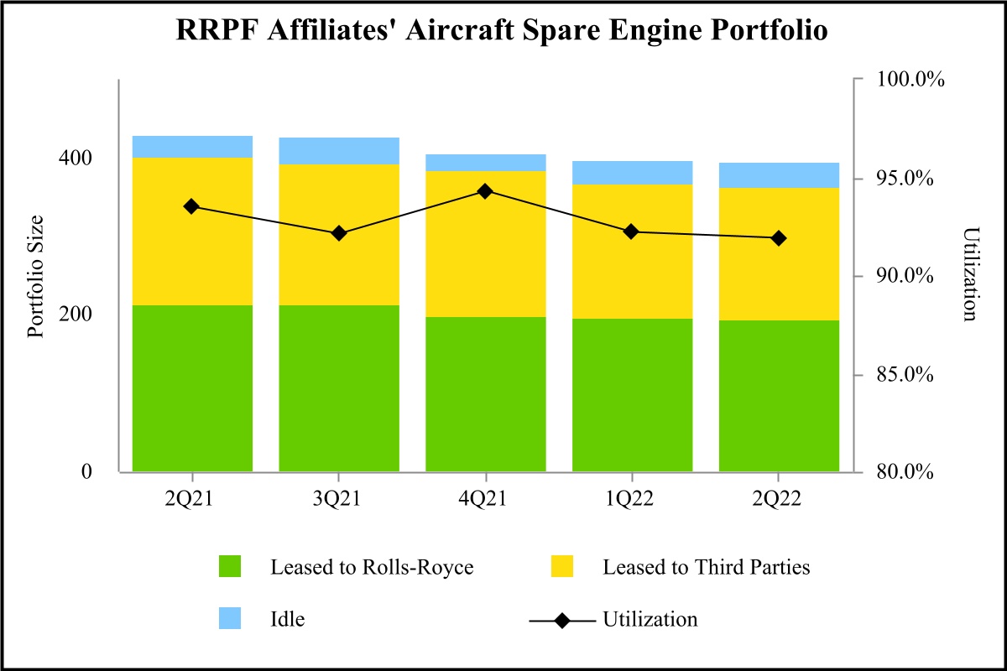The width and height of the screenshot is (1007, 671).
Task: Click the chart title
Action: pyautogui.click(x=503, y=31)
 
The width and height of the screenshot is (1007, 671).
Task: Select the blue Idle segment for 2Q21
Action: pyautogui.click(x=192, y=147)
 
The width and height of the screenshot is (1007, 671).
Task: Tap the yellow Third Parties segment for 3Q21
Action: pyautogui.click(x=339, y=235)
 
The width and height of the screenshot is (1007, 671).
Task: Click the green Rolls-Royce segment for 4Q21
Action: pyautogui.click(x=486, y=394)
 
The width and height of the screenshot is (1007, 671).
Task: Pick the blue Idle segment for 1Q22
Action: pyautogui.click(x=632, y=173)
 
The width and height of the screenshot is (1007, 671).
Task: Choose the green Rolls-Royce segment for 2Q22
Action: pyautogui.click(x=779, y=396)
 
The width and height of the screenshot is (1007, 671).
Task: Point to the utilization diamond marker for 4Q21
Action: pyautogui.click(x=485, y=191)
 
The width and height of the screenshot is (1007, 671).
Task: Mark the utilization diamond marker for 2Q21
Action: pyautogui.click(x=192, y=206)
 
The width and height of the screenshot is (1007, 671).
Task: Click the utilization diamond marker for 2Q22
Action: pyautogui.click(x=779, y=238)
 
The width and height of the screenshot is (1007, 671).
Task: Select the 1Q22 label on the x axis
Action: pyautogui.click(x=632, y=500)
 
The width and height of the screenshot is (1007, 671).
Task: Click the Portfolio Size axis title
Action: pyautogui.click(x=35, y=276)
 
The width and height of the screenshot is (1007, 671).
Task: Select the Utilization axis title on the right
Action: pyautogui.click(x=970, y=274)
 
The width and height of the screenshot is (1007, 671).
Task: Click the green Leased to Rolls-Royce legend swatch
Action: pyautogui.click(x=229, y=567)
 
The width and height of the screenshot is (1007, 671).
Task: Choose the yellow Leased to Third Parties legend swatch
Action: pyautogui.click(x=561, y=567)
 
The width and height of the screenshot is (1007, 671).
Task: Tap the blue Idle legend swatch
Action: pyautogui.click(x=229, y=620)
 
